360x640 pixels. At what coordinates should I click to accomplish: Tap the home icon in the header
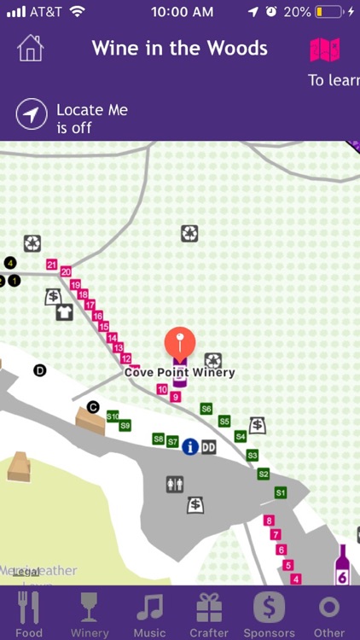tap(30, 48)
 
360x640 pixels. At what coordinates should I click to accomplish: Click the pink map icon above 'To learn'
tap(325, 49)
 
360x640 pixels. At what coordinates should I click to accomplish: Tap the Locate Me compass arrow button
tap(32, 114)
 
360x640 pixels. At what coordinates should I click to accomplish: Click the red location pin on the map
tap(179, 344)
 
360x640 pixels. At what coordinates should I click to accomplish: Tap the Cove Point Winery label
tap(179, 372)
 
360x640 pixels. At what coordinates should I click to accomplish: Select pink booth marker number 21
tap(52, 265)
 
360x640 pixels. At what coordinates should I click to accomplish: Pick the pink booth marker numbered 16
tap(97, 316)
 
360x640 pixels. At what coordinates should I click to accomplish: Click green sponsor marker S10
tap(113, 416)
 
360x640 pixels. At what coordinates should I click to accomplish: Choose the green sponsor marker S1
tap(281, 492)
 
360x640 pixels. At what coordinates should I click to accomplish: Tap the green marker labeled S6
tap(206, 410)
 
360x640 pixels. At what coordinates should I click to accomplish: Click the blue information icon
tap(190, 446)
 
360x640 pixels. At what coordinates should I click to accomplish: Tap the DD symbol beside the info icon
tap(208, 446)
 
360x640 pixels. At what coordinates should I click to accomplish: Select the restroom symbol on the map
tap(175, 485)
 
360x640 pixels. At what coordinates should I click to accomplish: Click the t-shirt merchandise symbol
tap(65, 312)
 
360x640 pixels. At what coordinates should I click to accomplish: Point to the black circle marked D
tap(39, 369)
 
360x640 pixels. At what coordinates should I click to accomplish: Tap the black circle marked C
tap(93, 407)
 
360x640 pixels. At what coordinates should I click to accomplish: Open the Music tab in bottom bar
tap(150, 614)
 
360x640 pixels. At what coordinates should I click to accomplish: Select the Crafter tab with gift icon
tap(209, 614)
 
